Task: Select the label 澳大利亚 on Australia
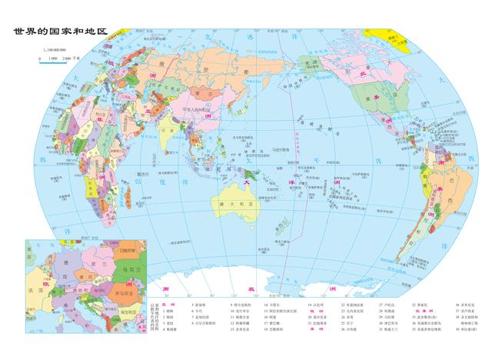(x=231, y=203)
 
